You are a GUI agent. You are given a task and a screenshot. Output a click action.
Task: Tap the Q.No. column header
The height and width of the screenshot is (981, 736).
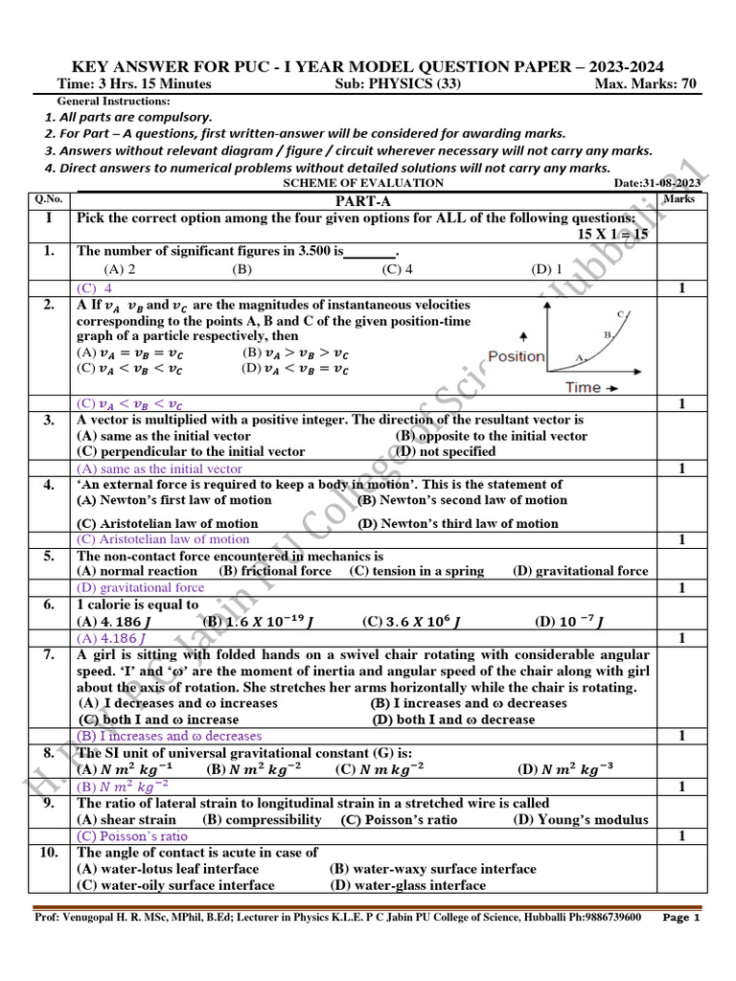(x=48, y=199)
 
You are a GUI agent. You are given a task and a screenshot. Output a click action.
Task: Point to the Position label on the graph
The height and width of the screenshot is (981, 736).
(x=516, y=356)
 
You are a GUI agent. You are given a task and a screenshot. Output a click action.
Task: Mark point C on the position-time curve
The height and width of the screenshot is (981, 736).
(x=621, y=314)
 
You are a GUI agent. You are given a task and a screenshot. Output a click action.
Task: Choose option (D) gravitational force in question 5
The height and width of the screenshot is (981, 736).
(x=580, y=571)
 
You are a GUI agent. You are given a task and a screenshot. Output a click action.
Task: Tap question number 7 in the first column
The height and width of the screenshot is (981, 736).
(x=48, y=655)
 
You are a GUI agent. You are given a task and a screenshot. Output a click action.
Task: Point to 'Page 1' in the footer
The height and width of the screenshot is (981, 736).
(x=681, y=918)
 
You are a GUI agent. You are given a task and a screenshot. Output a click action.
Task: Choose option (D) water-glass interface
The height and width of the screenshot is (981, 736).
(x=407, y=885)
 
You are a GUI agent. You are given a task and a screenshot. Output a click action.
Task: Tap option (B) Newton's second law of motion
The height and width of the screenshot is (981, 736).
(x=462, y=500)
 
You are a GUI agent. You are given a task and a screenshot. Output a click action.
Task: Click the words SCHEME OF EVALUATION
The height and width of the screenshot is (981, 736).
(x=363, y=183)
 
